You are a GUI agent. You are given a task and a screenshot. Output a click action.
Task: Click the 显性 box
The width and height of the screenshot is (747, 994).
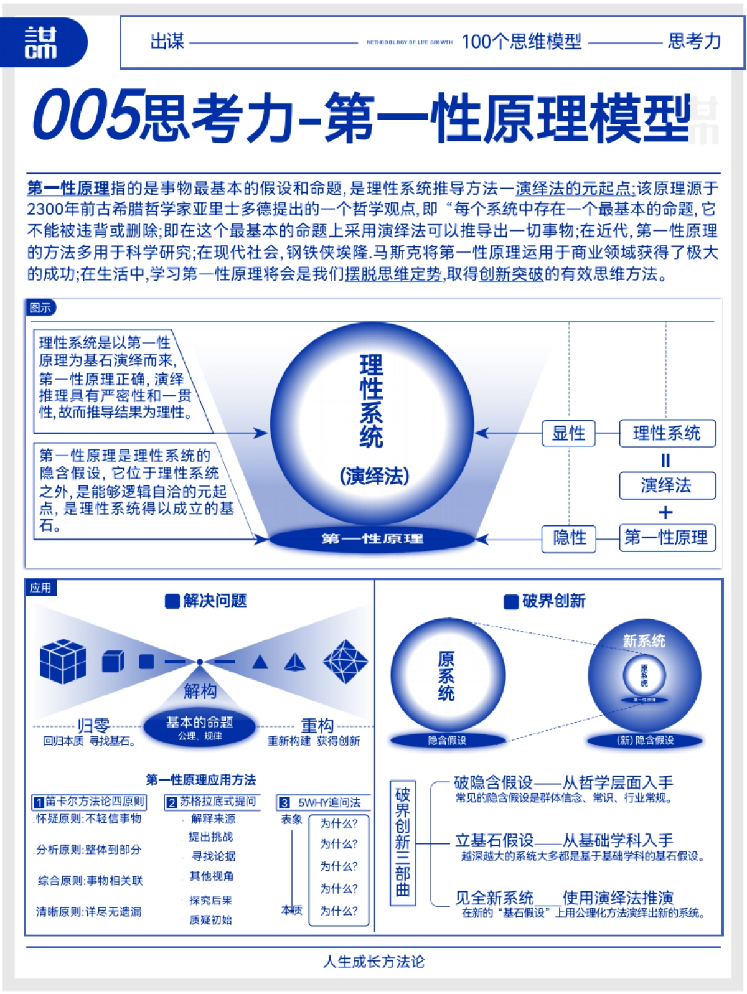point(569,433)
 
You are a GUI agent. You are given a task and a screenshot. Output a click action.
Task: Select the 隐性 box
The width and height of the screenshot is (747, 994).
point(569,537)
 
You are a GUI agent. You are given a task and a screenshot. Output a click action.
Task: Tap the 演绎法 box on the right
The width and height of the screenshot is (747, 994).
point(667,485)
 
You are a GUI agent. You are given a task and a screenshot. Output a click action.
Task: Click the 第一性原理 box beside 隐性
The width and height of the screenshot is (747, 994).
point(667,537)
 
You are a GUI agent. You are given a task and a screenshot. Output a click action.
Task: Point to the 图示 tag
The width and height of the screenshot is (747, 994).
point(40,307)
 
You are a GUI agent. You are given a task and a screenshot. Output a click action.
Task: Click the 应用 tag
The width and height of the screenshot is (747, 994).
point(40,588)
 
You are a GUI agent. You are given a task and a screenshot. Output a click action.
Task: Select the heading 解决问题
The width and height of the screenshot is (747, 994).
point(207,601)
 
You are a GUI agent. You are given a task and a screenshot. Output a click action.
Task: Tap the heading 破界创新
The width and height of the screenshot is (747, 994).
point(545,601)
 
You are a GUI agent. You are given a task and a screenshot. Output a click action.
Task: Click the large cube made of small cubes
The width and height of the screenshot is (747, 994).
point(62,661)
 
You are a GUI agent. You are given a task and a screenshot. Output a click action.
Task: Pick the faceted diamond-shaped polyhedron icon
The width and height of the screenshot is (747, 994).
point(345,662)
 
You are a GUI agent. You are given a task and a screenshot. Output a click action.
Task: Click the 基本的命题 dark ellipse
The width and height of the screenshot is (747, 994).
point(199,726)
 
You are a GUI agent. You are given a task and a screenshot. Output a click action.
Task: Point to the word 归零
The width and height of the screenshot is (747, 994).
point(93,725)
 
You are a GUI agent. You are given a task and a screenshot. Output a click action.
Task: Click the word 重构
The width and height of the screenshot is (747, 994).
point(317,725)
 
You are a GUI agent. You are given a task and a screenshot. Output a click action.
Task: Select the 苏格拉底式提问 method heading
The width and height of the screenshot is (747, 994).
point(212,802)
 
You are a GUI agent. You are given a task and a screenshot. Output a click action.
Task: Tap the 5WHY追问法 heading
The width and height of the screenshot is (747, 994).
point(323,802)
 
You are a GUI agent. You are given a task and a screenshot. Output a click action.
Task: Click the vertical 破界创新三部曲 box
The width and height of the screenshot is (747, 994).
point(402,841)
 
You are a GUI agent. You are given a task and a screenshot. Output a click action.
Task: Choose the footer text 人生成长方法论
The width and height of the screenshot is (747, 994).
point(374,961)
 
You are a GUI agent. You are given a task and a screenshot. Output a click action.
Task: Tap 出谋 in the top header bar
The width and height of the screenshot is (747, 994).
point(167,42)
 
